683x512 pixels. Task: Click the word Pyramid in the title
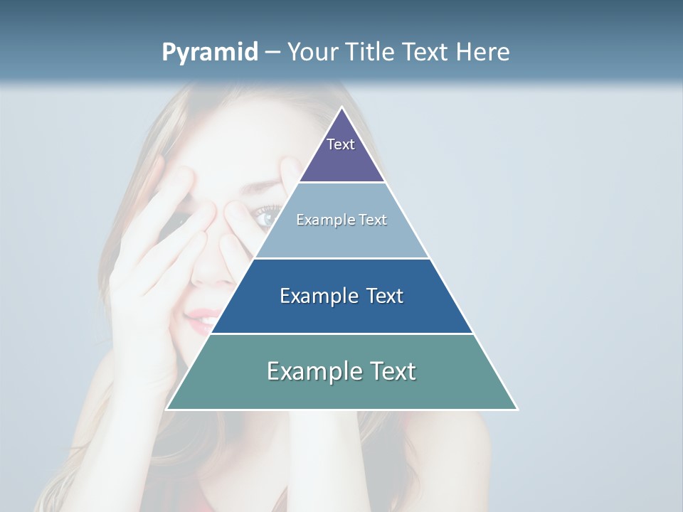point(209,53)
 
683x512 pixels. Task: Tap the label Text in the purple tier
point(341,144)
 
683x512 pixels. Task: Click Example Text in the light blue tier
point(341,220)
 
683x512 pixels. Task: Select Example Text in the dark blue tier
point(341,296)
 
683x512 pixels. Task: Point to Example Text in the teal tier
point(341,371)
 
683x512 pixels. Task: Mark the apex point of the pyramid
point(342,108)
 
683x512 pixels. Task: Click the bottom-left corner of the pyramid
point(167,409)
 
